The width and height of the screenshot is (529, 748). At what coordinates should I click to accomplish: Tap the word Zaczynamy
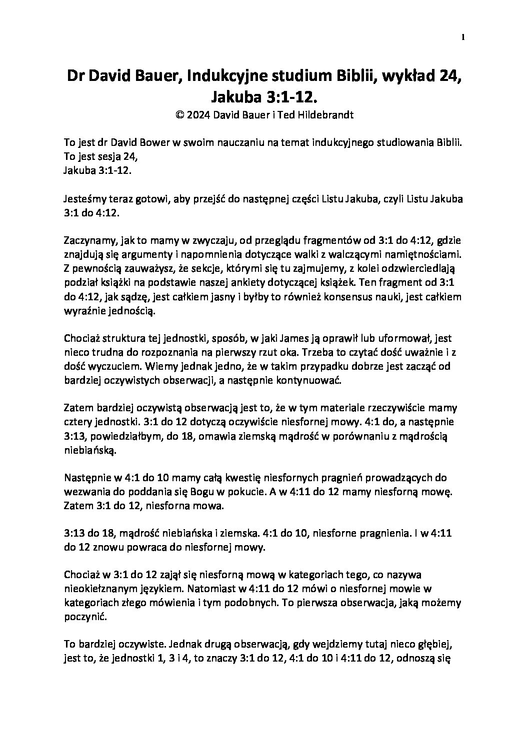(x=89, y=241)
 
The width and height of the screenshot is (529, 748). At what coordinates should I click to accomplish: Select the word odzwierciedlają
(x=422, y=269)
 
